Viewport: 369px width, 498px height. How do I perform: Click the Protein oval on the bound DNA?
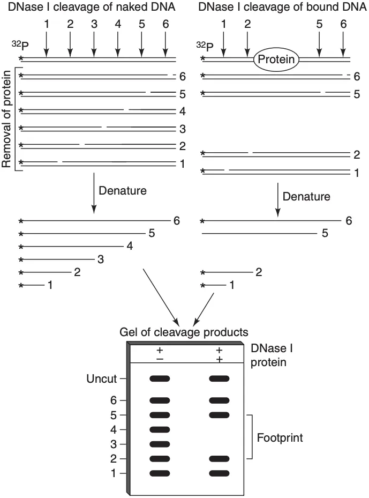click(276, 59)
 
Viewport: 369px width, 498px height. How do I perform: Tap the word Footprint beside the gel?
click(279, 438)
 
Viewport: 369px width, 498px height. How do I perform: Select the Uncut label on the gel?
click(102, 379)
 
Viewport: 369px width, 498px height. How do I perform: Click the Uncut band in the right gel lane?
click(219, 378)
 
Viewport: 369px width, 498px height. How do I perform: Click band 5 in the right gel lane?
click(219, 414)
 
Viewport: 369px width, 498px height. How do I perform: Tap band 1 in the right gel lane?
click(219, 473)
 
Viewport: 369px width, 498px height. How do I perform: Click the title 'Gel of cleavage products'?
click(184, 332)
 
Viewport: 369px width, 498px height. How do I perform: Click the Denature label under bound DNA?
click(306, 197)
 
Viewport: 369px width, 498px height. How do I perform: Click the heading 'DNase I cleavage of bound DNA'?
click(282, 8)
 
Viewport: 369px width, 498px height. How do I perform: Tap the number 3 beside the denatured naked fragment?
click(100, 260)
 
